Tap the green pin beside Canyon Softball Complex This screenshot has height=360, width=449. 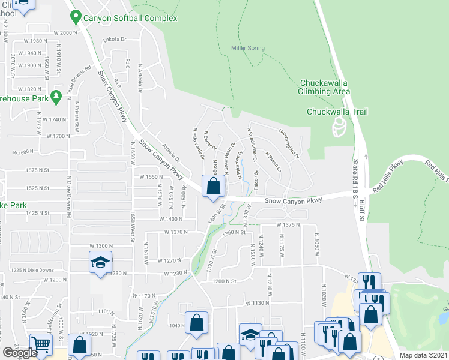(x=75, y=16)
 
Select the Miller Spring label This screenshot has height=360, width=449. (x=248, y=48)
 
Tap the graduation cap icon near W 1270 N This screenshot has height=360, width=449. (x=100, y=262)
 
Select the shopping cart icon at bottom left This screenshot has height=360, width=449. (x=41, y=344)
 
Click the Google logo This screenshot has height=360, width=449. (x=19, y=353)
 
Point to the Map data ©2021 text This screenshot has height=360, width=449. (x=423, y=355)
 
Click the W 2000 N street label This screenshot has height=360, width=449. (x=66, y=32)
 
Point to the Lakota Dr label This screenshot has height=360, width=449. (x=116, y=40)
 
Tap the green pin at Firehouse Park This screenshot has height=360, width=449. (x=56, y=96)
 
